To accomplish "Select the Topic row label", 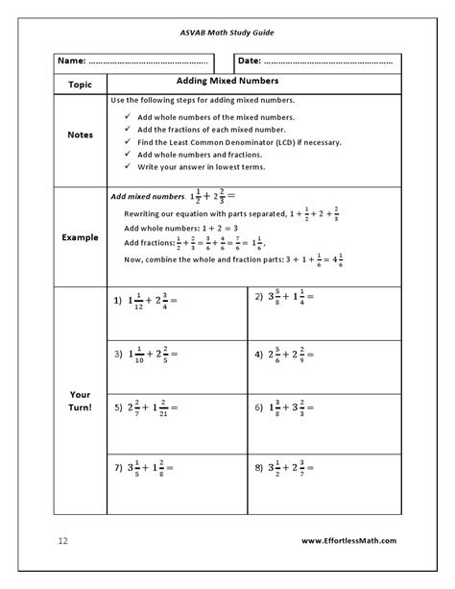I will (x=81, y=85).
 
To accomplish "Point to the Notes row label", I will (x=81, y=135).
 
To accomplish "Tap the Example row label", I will (x=81, y=236).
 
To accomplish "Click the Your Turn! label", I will (x=81, y=401).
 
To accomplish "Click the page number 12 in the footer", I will (x=62, y=541).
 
